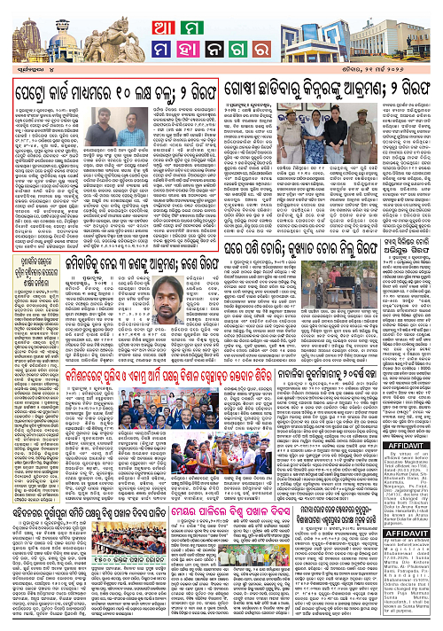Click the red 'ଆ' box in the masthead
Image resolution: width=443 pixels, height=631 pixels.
pyautogui.click(x=152, y=19)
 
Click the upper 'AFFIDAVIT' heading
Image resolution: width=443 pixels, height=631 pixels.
pyautogui.click(x=415, y=450)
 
